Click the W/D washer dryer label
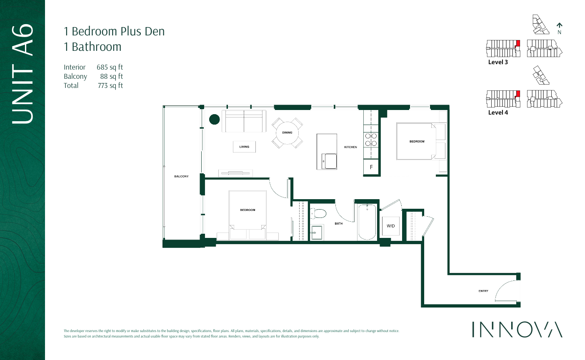390,226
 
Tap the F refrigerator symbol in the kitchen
371,167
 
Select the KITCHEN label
350,147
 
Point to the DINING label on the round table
287,132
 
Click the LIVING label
244,147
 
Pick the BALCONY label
181,176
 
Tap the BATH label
339,224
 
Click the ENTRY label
483,291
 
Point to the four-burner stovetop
371,140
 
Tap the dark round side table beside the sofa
214,120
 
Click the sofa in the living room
244,121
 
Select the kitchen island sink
330,161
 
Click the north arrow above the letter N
560,25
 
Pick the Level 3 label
498,62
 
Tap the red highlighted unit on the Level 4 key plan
518,93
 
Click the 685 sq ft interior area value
110,67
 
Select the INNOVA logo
517,329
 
